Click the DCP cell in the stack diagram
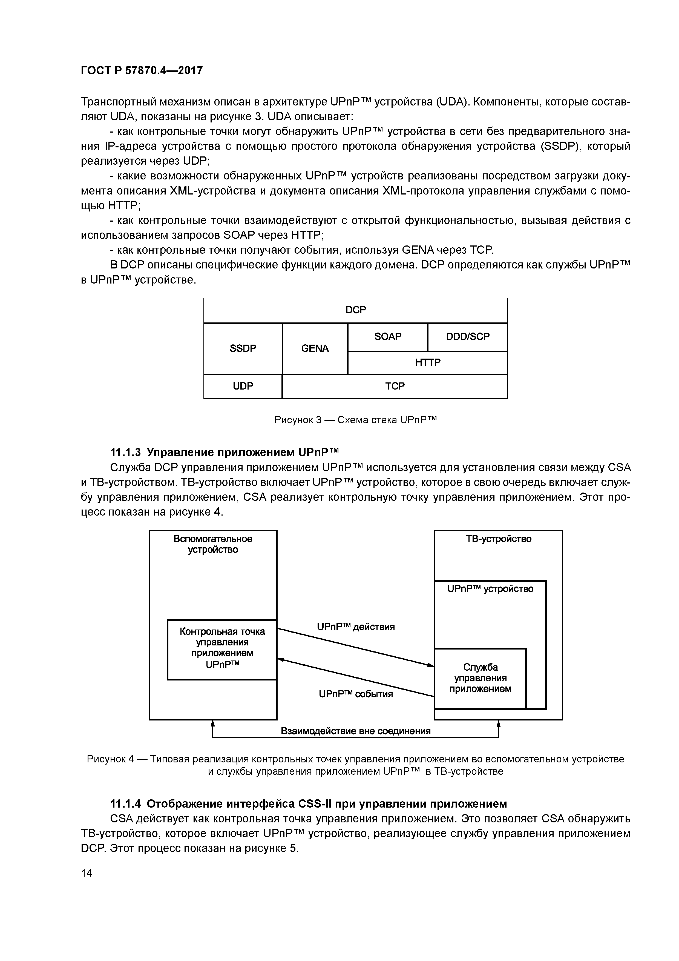click(356, 310)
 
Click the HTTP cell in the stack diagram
click(428, 362)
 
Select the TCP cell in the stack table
click(395, 386)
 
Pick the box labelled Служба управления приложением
click(480, 678)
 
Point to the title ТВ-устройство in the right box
click(498, 539)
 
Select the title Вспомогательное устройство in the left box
click(213, 544)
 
